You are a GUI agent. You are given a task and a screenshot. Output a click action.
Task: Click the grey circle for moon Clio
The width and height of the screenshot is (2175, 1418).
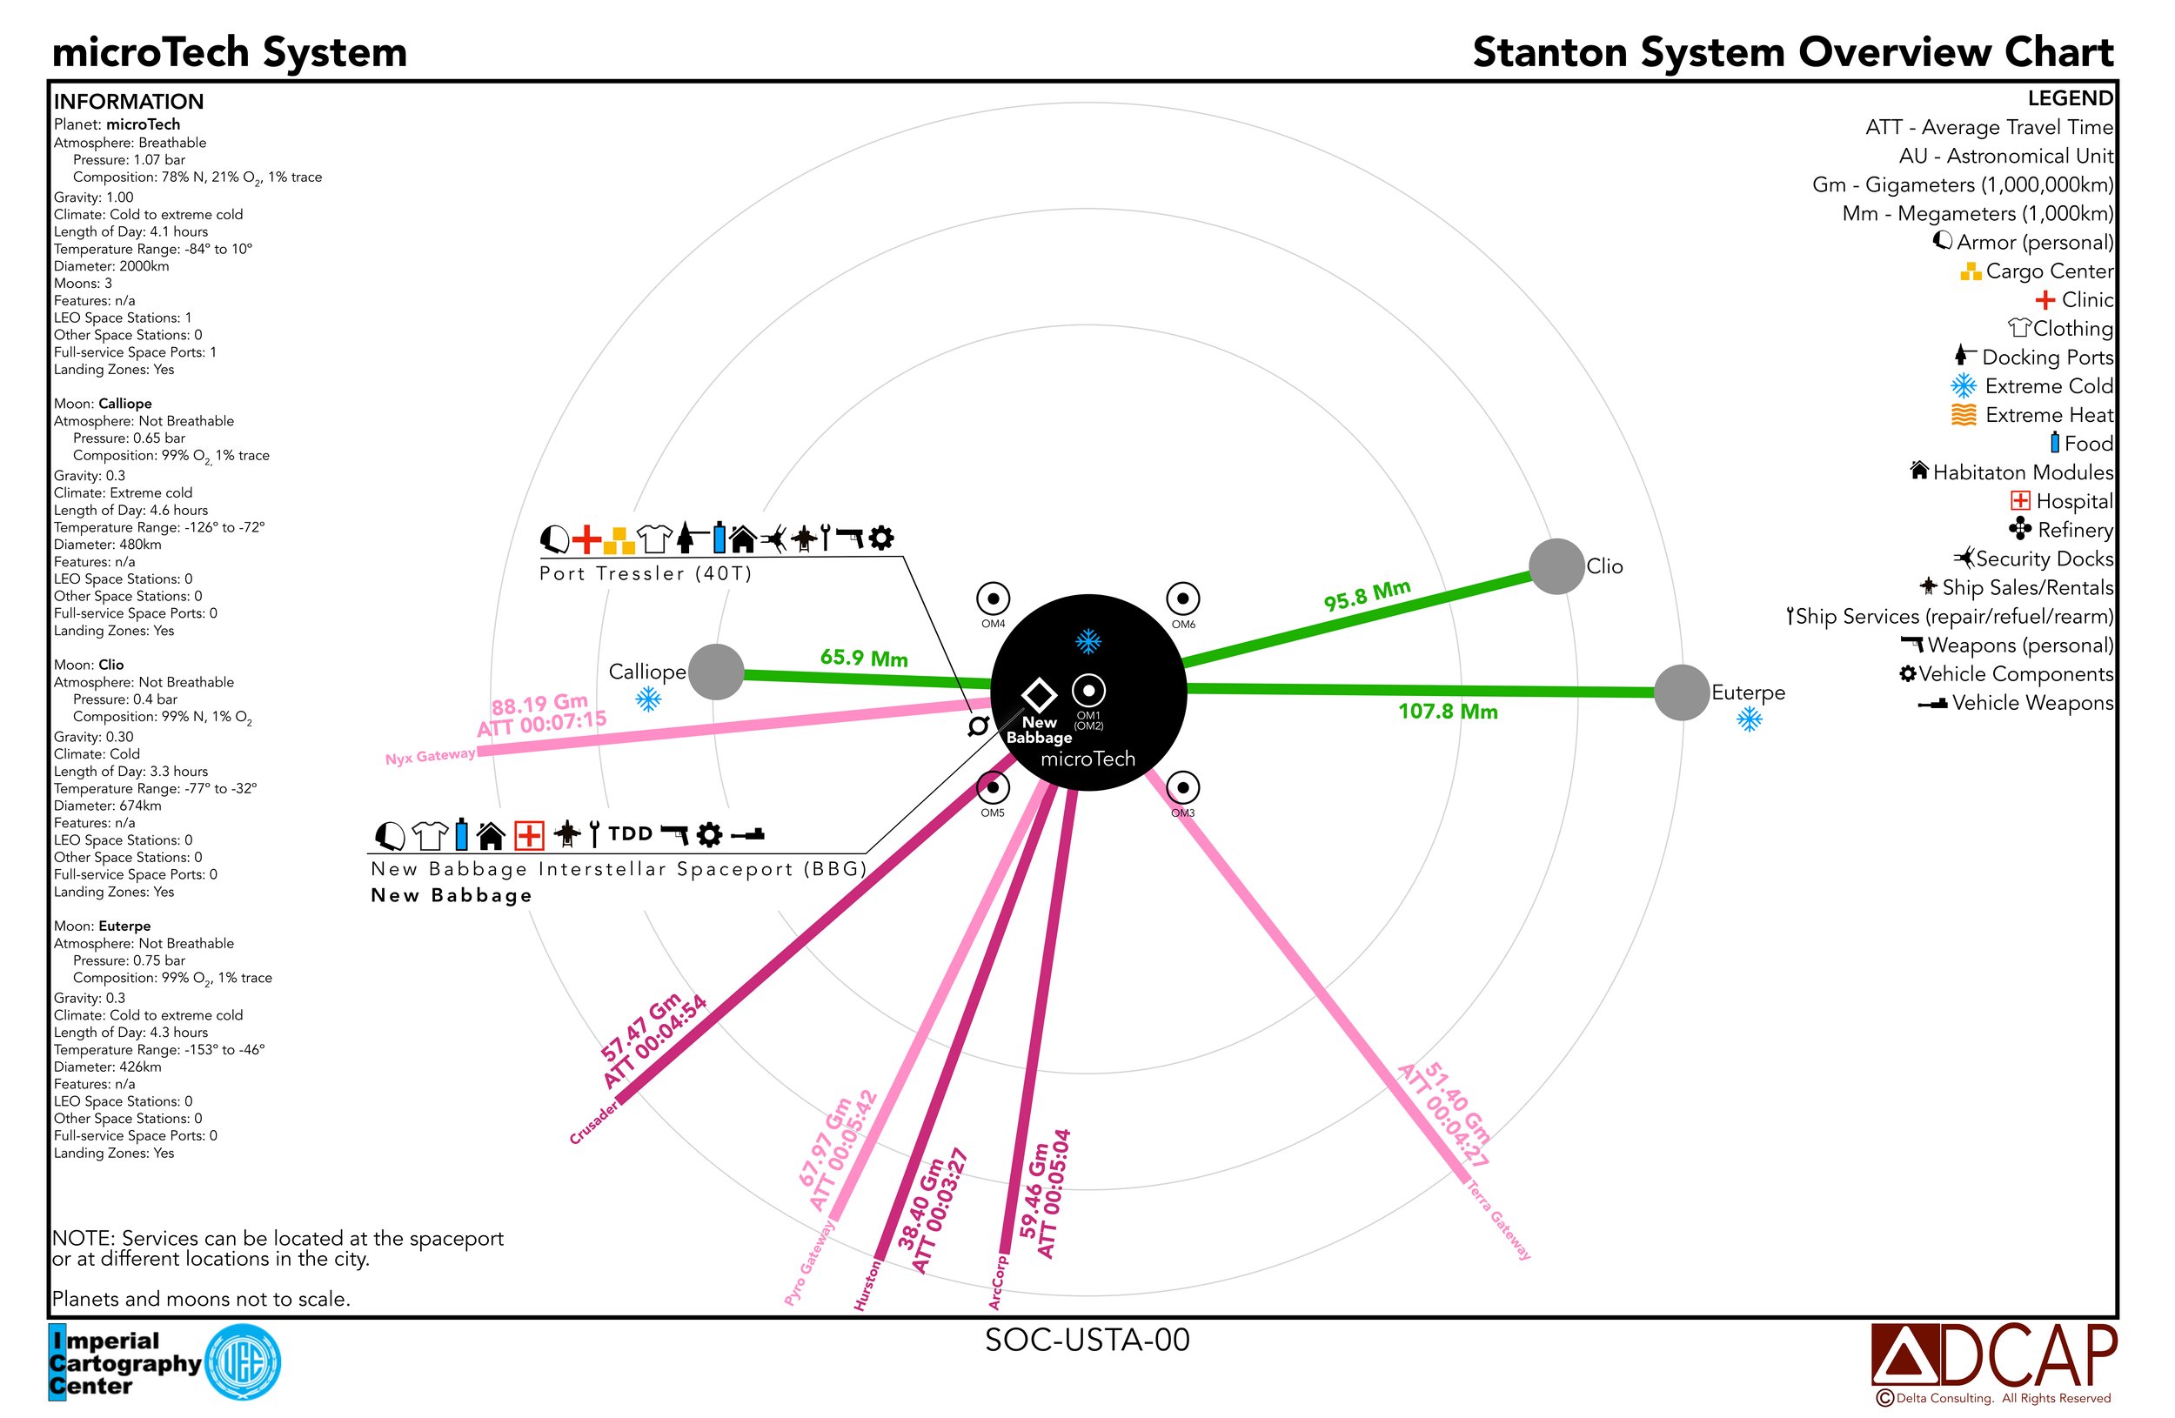(1556, 565)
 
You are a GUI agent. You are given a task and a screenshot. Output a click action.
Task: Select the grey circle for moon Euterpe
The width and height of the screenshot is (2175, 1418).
(1681, 692)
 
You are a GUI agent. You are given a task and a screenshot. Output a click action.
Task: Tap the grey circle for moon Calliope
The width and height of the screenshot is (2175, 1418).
(715, 672)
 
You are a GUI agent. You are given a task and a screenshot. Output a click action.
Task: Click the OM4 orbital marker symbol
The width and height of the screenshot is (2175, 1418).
(993, 599)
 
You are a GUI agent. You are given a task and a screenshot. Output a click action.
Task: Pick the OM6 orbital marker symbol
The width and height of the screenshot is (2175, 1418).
(1182, 599)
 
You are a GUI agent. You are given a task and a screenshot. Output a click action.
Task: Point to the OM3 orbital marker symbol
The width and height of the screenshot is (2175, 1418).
(1182, 786)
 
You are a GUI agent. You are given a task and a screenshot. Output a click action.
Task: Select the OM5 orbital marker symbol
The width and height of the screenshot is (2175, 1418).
(993, 786)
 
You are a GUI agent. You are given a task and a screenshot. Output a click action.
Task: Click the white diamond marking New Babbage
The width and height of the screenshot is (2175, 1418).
(1038, 694)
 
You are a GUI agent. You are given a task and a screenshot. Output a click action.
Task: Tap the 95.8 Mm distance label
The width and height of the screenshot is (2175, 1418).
(1366, 595)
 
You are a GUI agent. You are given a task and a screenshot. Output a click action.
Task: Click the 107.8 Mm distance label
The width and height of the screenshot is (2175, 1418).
(1448, 711)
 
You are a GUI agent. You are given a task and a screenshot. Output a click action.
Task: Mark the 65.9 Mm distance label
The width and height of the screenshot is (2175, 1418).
(864, 658)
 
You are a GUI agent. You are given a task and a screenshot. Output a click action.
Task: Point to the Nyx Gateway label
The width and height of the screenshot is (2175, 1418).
(430, 757)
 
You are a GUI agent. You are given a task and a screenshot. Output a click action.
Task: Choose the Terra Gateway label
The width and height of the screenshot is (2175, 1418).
(1498, 1220)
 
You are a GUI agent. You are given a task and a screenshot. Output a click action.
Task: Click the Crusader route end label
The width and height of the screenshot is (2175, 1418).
(594, 1121)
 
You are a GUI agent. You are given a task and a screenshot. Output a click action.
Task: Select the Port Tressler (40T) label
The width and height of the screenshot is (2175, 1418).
(646, 573)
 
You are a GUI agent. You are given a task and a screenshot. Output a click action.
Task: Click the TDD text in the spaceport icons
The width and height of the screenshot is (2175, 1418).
(631, 833)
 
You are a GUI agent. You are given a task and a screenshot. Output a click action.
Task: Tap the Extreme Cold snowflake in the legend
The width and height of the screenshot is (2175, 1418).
(1963, 385)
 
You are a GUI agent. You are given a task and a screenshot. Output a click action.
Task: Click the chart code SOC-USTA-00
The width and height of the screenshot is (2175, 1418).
(1087, 1340)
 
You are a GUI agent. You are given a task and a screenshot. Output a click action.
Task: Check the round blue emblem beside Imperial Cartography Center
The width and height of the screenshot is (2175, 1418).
(243, 1362)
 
